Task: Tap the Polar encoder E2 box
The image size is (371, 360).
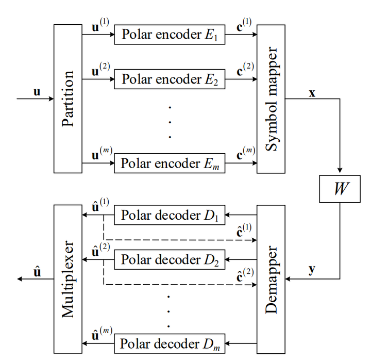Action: [x=169, y=79]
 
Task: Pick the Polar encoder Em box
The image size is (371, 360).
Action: [x=169, y=163]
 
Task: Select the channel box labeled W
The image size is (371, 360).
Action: [x=339, y=189]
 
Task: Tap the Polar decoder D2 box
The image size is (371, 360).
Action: [x=169, y=259]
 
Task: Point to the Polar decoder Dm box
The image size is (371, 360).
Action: [x=169, y=343]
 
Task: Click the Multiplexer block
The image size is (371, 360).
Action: [x=68, y=279]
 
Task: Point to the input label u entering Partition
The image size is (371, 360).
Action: [x=37, y=92]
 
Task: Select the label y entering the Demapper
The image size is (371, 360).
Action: [x=312, y=270]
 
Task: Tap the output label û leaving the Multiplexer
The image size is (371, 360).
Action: [x=37, y=270]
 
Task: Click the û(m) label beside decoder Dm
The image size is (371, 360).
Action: [x=102, y=334]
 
